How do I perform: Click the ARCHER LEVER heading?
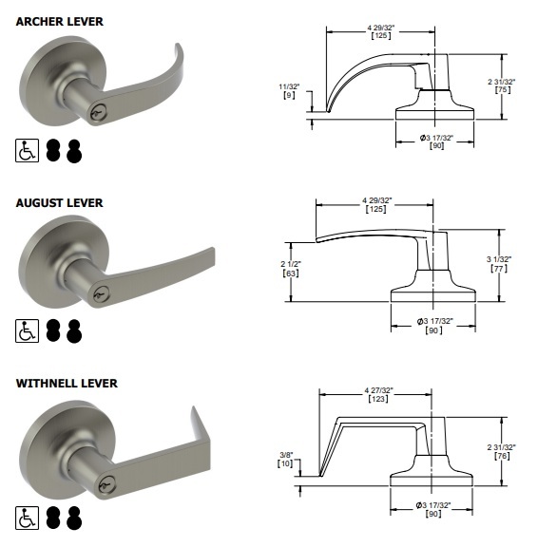tap(60, 21)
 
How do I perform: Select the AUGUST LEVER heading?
tap(59, 202)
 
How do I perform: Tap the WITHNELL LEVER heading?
tap(67, 383)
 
